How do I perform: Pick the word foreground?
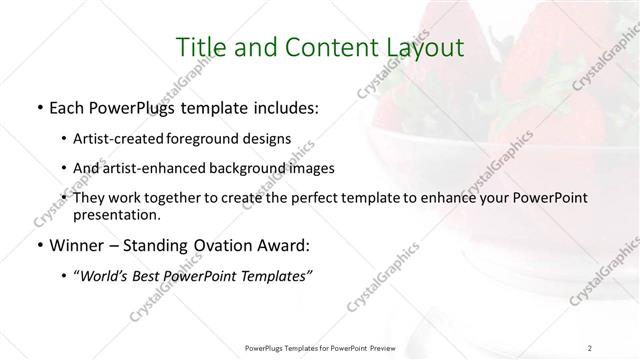point(204,138)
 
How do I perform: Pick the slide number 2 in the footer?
point(592,347)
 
